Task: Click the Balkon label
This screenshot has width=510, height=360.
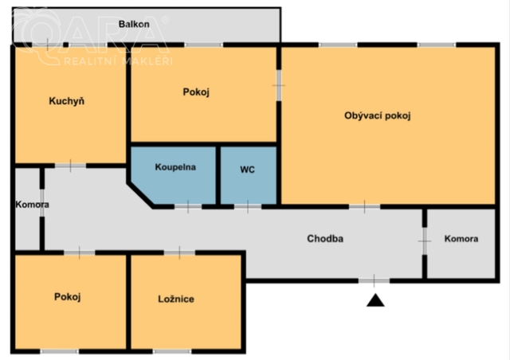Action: tap(134, 24)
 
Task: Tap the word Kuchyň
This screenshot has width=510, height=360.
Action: tap(67, 101)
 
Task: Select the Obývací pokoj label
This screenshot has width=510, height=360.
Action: tap(377, 115)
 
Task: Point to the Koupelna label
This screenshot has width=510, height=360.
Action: tap(175, 167)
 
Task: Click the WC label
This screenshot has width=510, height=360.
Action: tap(247, 170)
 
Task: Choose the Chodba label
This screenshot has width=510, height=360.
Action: tap(325, 239)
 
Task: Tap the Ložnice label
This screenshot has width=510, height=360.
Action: tap(176, 299)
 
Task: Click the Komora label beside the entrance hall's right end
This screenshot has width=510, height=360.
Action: tap(461, 239)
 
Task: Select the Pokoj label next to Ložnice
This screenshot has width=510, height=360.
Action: tap(67, 297)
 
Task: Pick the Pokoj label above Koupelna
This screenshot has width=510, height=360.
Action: tap(196, 92)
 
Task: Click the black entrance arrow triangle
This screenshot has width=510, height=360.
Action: tap(375, 300)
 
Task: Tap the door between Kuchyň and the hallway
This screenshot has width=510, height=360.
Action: tap(70, 166)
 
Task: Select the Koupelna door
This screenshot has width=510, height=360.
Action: tap(188, 207)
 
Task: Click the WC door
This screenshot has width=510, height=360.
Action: tap(248, 207)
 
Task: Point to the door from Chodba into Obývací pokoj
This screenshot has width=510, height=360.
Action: tap(365, 207)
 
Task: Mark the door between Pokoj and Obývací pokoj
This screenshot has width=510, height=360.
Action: tap(279, 85)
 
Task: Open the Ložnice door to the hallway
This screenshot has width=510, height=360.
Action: tap(179, 252)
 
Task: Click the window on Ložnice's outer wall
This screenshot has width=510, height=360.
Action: tap(172, 351)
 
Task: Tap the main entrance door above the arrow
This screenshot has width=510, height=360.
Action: tap(374, 280)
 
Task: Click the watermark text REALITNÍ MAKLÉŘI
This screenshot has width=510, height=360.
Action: tap(118, 61)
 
